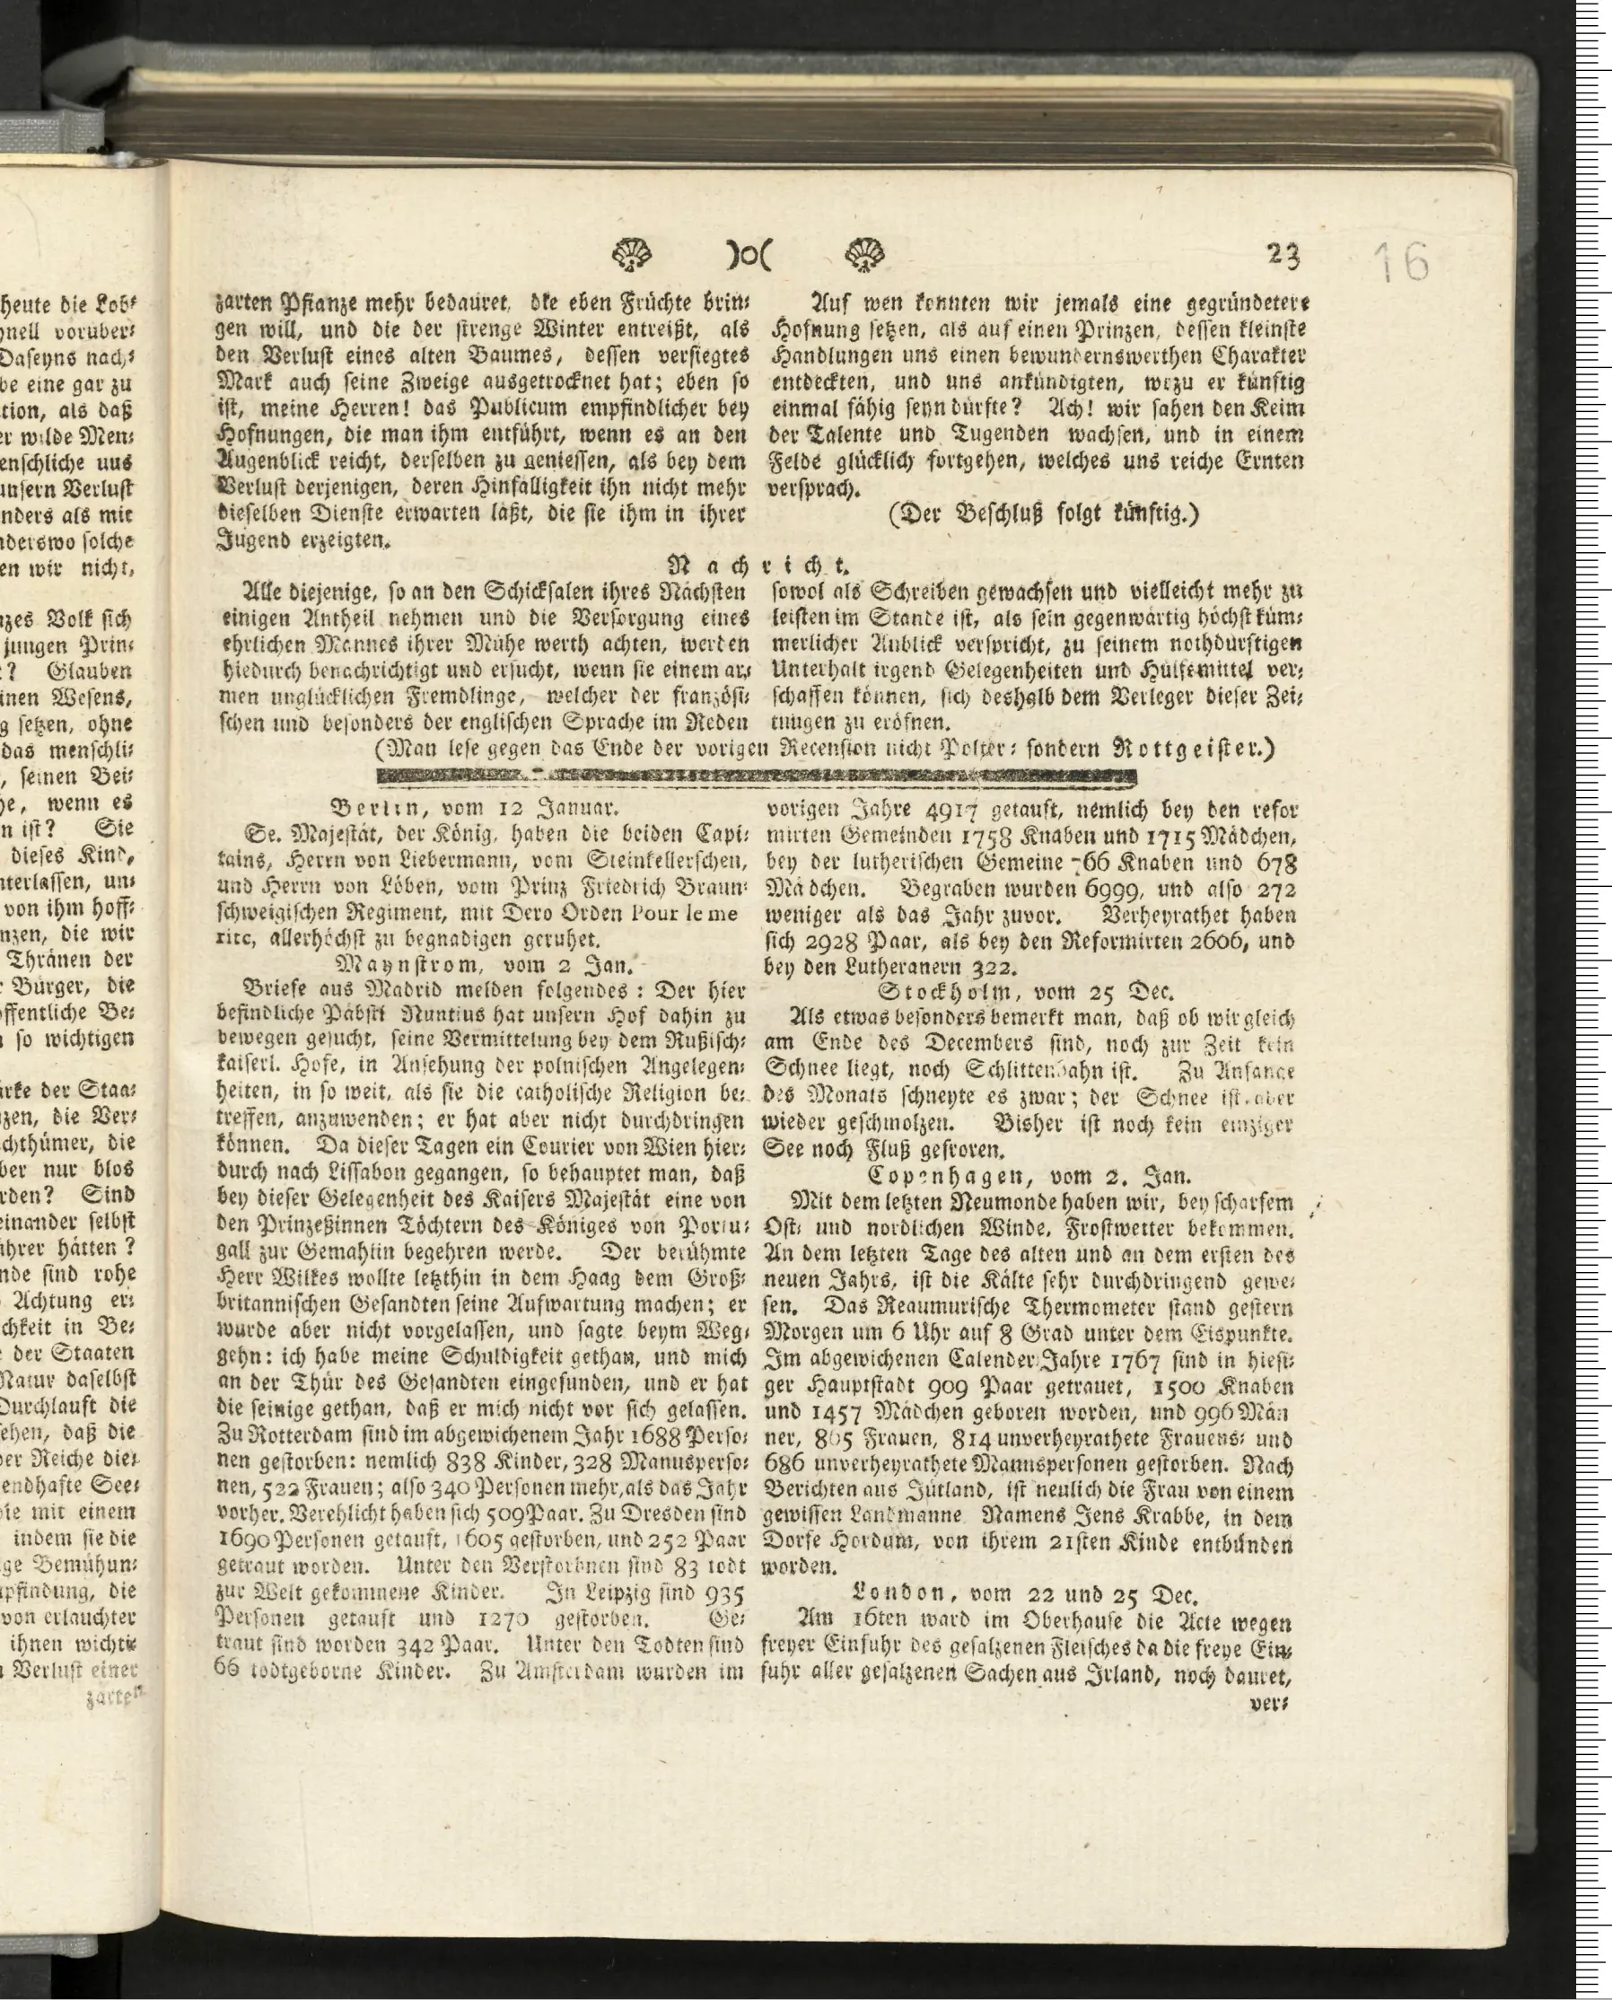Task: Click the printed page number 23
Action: (x=1283, y=253)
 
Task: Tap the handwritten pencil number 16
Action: (x=1402, y=263)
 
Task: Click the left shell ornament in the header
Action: (x=633, y=253)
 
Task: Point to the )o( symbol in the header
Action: (x=749, y=254)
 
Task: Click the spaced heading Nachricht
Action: (x=761, y=565)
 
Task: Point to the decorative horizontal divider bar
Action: (x=757, y=776)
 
